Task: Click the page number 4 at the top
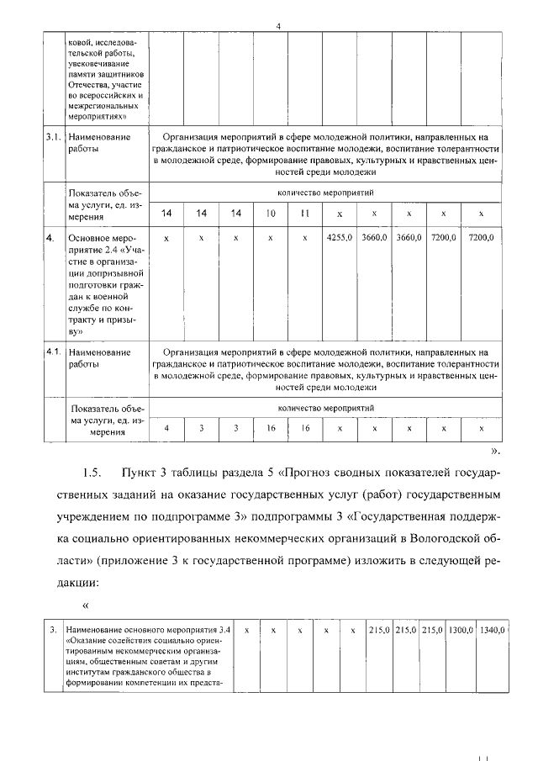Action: (x=277, y=26)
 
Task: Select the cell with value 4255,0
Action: (x=339, y=239)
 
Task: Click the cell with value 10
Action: (x=271, y=214)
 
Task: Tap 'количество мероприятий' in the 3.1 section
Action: (x=324, y=193)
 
